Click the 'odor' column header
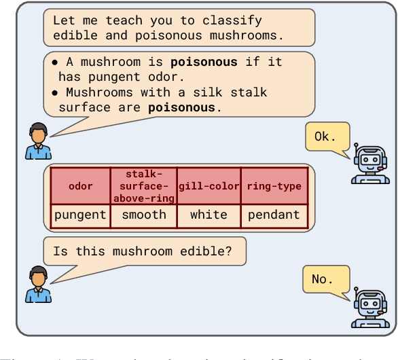pyautogui.click(x=81, y=186)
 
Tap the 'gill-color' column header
pyautogui.click(x=209, y=186)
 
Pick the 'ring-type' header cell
pyautogui.click(x=274, y=186)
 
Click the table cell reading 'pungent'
pyautogui.click(x=81, y=215)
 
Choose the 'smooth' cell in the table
pyautogui.click(x=143, y=215)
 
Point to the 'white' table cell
pyautogui.click(x=209, y=215)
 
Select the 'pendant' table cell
pyautogui.click(x=274, y=215)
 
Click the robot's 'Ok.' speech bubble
pyautogui.click(x=326, y=137)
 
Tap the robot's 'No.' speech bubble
pyautogui.click(x=325, y=279)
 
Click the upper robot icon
pyautogui.click(x=369, y=162)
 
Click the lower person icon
pyautogui.click(x=38, y=285)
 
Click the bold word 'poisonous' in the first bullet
pyautogui.click(x=204, y=62)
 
